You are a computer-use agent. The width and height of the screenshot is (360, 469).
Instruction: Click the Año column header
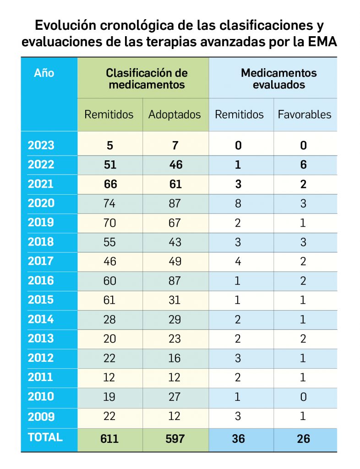pyautogui.click(x=44, y=73)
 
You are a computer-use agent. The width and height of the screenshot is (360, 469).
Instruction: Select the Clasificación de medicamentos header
pyautogui.click(x=147, y=79)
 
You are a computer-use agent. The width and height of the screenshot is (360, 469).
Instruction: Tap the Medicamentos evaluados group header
pyautogui.click(x=278, y=79)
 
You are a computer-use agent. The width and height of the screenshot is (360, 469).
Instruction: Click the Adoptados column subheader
pyautogui.click(x=175, y=115)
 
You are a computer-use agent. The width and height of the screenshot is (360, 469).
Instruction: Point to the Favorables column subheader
pyautogui.click(x=304, y=115)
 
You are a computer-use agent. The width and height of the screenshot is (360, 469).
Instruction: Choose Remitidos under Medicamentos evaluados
pyautogui.click(x=239, y=115)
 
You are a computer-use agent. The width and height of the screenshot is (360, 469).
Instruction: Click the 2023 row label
pyautogui.click(x=41, y=145)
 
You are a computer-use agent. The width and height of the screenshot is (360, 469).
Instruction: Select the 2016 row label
pyautogui.click(x=41, y=280)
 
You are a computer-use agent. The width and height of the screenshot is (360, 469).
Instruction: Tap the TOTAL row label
pyautogui.click(x=45, y=437)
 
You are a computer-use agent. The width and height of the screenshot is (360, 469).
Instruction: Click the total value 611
pyautogui.click(x=109, y=438)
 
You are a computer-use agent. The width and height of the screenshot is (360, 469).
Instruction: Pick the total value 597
pyautogui.click(x=175, y=438)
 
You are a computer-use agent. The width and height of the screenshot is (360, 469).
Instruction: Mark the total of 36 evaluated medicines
pyautogui.click(x=238, y=438)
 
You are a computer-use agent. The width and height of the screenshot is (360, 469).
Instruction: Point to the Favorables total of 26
pyautogui.click(x=303, y=438)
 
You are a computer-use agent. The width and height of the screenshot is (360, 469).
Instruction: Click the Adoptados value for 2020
pyautogui.click(x=175, y=203)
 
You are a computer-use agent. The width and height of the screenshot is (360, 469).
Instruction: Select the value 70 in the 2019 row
pyautogui.click(x=109, y=223)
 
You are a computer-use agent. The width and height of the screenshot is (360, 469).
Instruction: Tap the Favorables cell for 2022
pyautogui.click(x=303, y=165)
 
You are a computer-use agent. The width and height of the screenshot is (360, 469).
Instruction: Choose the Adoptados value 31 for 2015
pyautogui.click(x=175, y=300)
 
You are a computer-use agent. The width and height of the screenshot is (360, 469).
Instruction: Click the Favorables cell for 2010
pyautogui.click(x=303, y=397)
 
